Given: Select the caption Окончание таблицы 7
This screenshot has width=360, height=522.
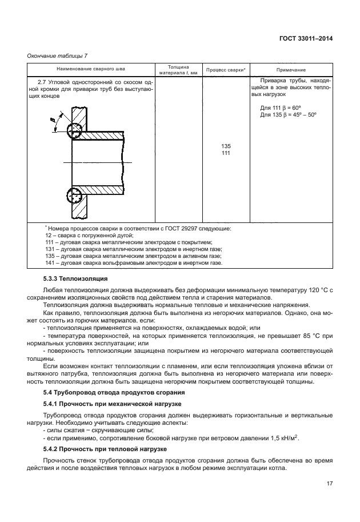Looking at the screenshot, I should tap(58, 55).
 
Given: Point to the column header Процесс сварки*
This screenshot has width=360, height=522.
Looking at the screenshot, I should tap(226, 70).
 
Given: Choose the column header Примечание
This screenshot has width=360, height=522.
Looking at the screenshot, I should tap(291, 70).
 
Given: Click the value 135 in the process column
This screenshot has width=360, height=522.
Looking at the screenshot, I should tap(226, 147).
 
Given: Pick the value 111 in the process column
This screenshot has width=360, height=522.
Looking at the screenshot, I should tap(226, 153).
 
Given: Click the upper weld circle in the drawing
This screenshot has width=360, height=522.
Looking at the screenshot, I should tap(73, 131).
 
